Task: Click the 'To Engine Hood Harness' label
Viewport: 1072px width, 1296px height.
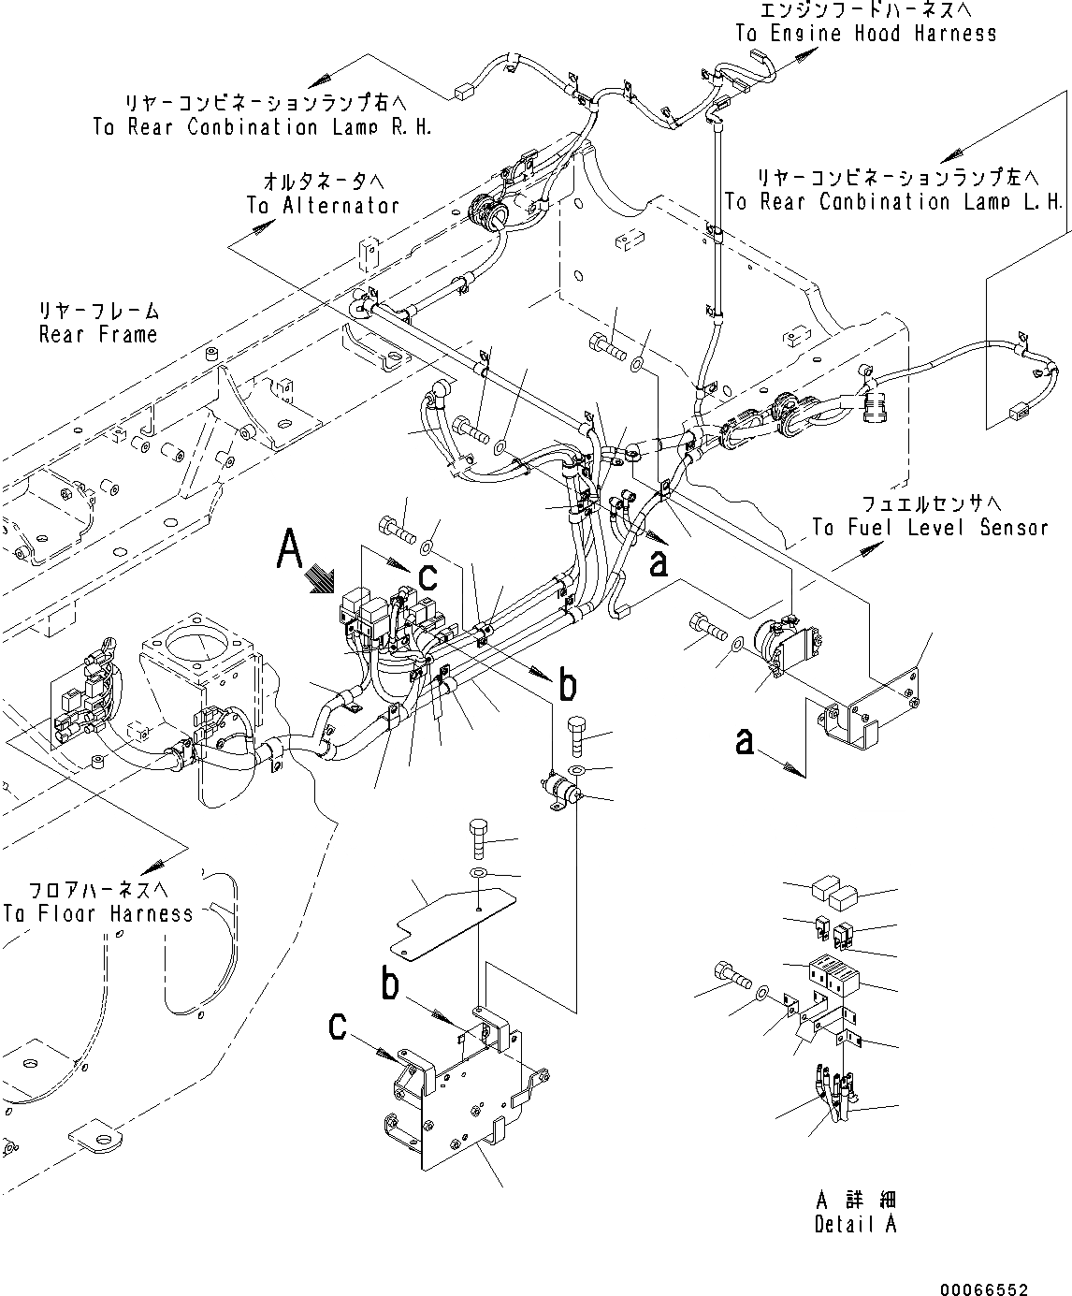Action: (865, 34)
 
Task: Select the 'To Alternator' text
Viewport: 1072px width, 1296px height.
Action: (323, 205)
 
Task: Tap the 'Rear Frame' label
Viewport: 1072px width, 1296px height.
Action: (98, 334)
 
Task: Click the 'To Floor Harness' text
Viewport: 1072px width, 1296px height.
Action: (98, 913)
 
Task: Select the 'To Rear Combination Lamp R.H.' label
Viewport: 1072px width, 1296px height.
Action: (263, 127)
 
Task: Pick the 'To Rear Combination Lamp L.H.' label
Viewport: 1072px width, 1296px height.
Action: (893, 201)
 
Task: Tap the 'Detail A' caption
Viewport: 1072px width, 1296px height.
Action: (855, 1224)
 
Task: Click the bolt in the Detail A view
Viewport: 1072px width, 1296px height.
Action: (731, 978)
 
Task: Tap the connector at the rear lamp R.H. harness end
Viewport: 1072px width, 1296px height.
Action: (460, 93)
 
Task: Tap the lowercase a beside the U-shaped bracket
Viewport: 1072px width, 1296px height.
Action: (745, 742)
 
